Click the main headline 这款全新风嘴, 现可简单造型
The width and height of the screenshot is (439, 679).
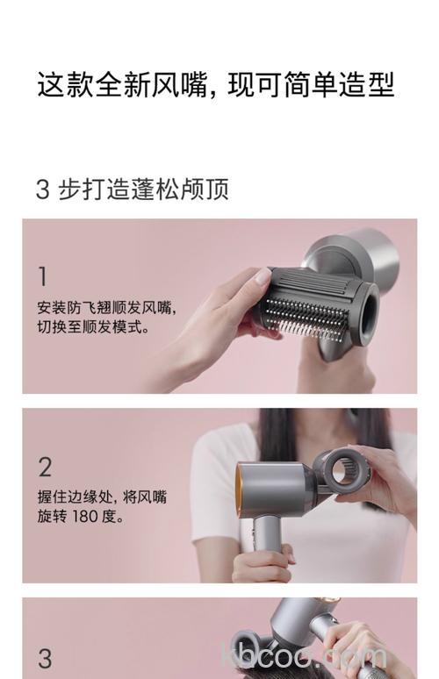coord(215,85)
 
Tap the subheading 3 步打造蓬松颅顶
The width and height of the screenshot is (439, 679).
coord(132,189)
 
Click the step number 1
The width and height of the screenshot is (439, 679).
coord(42,276)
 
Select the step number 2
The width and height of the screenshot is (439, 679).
coord(45,466)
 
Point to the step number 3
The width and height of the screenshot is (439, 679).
coord(45,657)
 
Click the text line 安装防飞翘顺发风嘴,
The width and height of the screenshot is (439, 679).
coord(106,308)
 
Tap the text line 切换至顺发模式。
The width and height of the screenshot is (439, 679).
coord(94,328)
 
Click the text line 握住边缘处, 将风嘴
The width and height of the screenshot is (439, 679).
coord(102,497)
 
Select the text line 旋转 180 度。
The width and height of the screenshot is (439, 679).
coord(81,518)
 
